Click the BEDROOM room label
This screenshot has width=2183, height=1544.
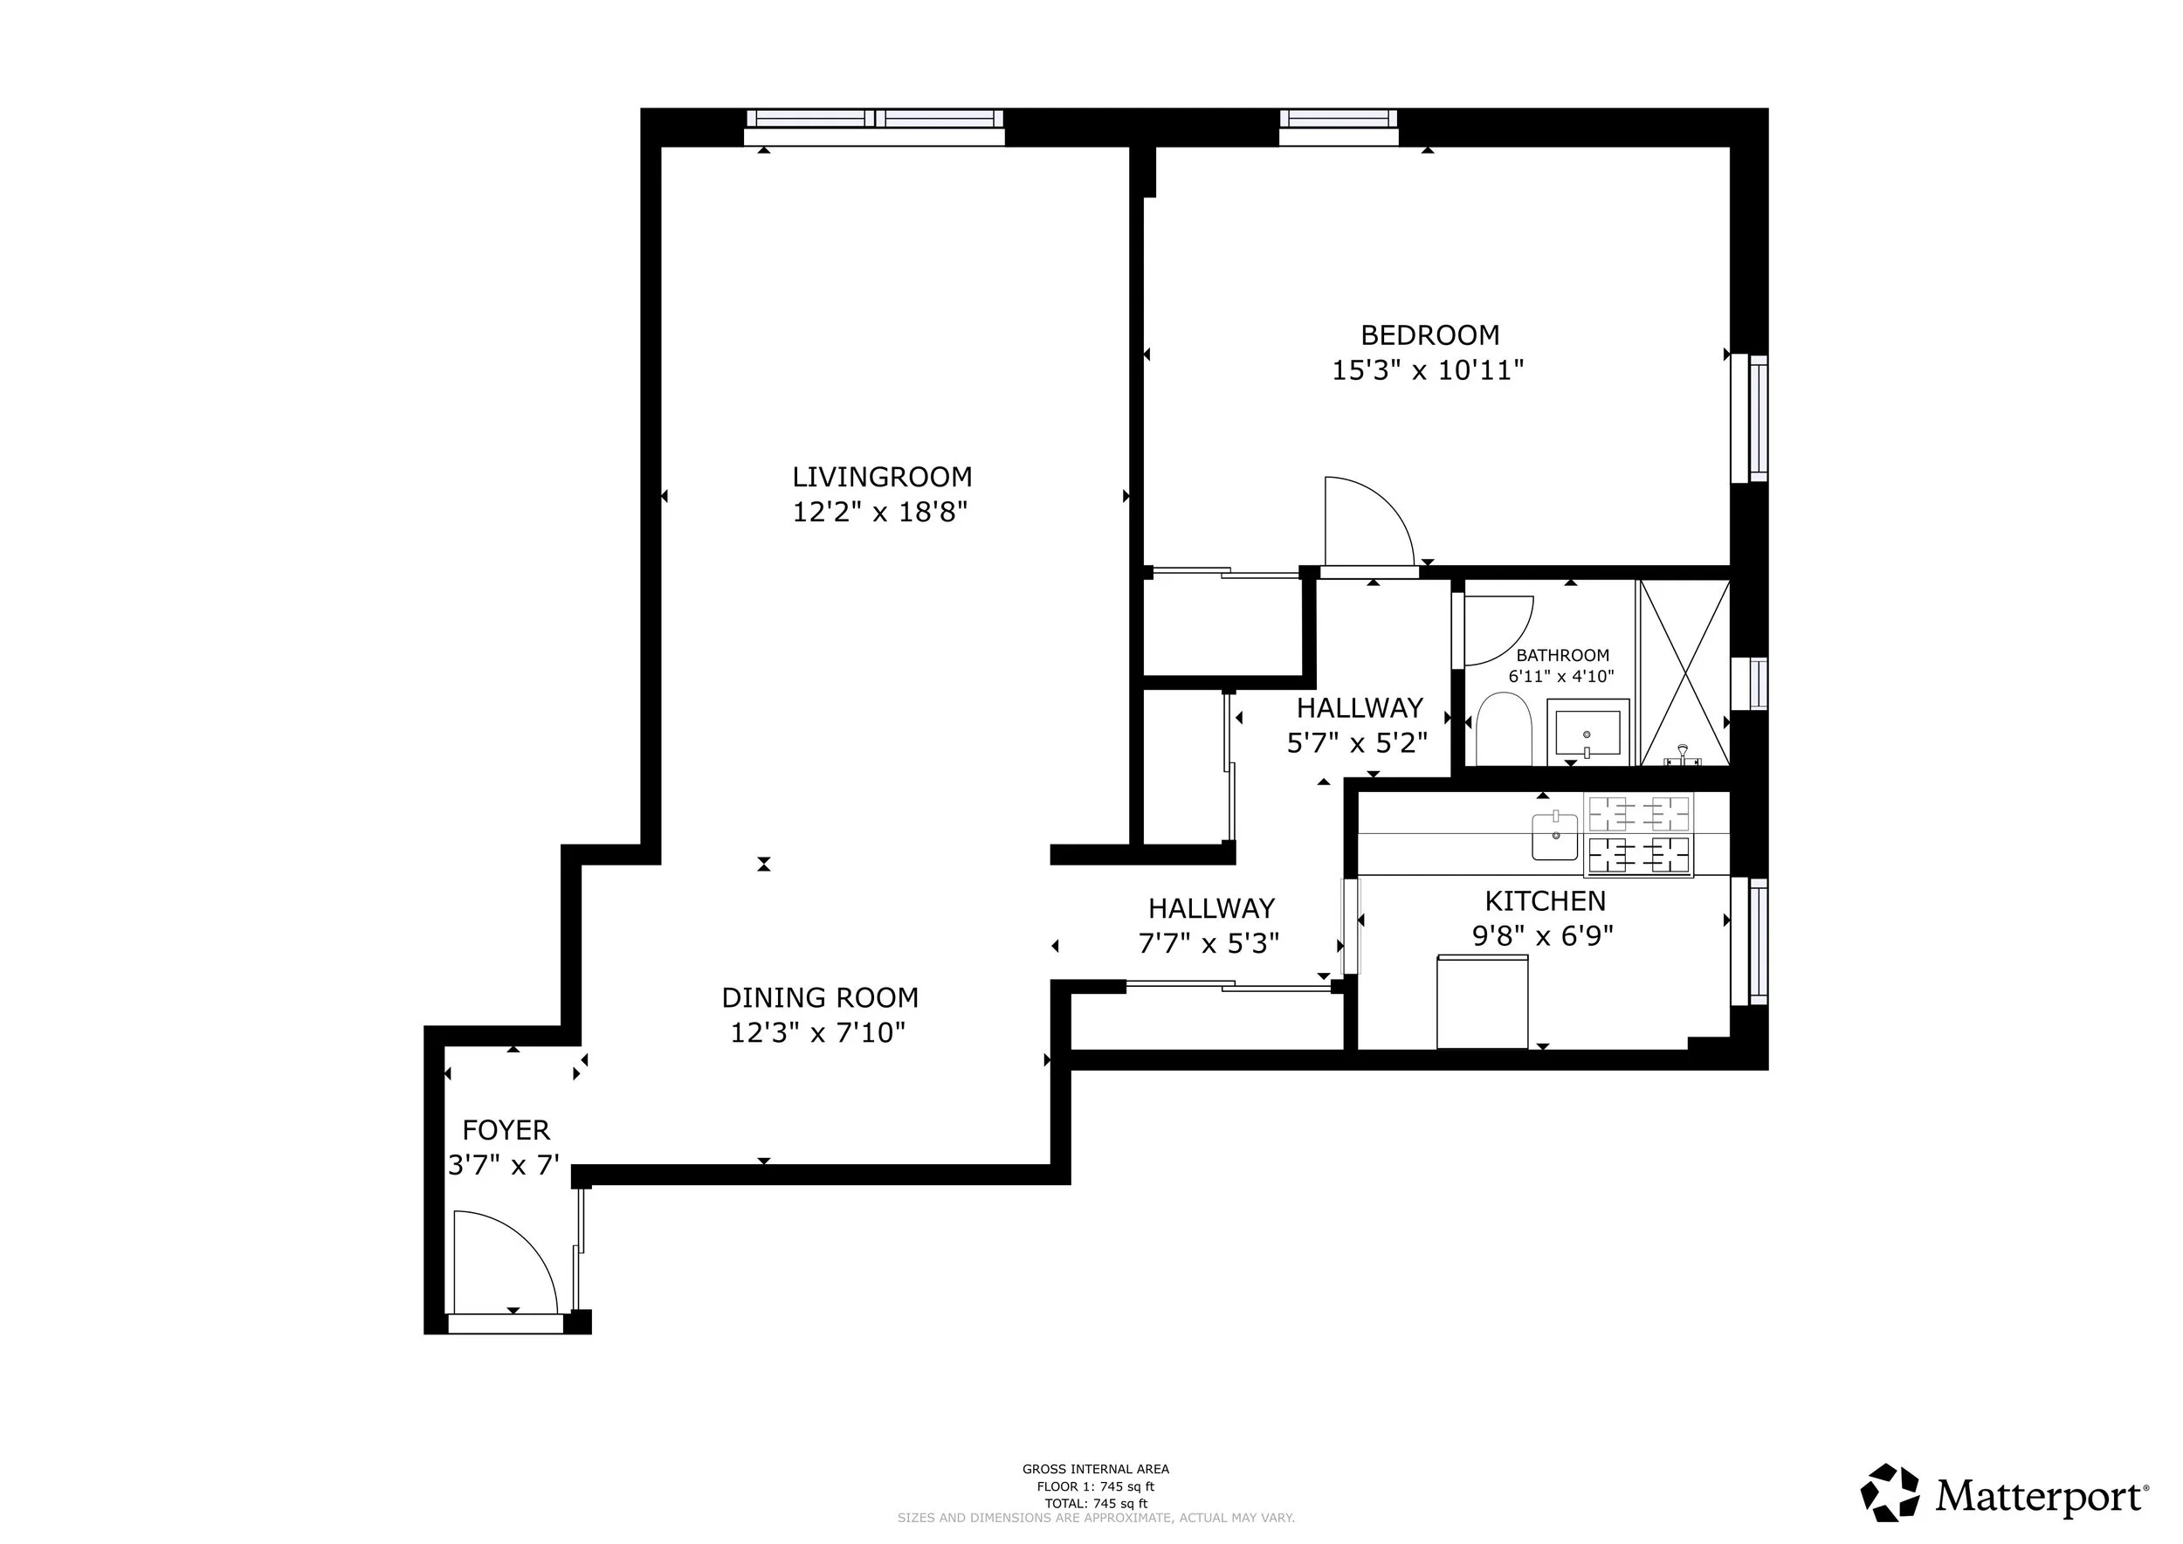coord(1430,334)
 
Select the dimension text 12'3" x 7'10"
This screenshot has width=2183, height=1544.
coord(817,1032)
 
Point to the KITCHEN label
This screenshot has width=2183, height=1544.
coord(1545,900)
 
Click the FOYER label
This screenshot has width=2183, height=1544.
coord(506,1130)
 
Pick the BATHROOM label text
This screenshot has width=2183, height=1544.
coord(1562,655)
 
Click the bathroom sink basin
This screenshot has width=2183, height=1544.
coord(1587,732)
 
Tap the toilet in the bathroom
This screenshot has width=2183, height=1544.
coord(1503,729)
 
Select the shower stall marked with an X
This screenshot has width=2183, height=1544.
coord(1684,672)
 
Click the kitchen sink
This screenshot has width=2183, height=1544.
coord(1554,836)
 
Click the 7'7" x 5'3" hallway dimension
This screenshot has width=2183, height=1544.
coord(1209,943)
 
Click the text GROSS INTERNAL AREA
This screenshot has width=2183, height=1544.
coord(1095,1469)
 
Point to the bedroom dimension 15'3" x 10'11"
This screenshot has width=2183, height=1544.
coord(1428,369)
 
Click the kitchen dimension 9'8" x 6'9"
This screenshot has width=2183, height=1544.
coord(1543,936)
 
